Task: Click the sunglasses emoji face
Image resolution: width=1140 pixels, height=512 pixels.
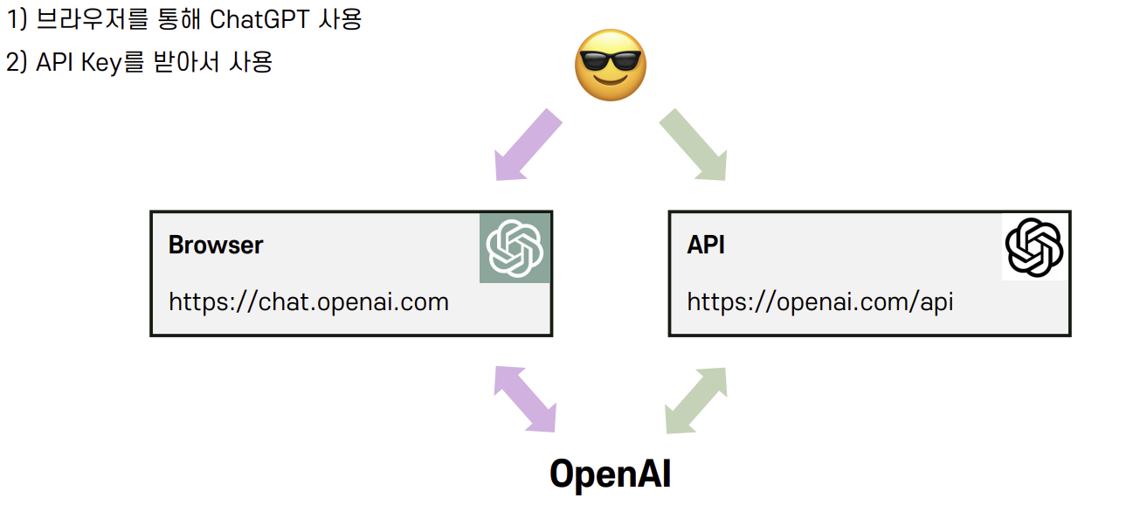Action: pos(610,65)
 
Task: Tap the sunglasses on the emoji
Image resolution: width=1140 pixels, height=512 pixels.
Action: pos(609,61)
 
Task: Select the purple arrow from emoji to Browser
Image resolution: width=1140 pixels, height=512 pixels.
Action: pos(527,145)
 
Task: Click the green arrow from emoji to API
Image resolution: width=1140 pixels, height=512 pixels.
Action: pos(693,145)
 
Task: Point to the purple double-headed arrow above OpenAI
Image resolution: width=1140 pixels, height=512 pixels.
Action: pos(525,398)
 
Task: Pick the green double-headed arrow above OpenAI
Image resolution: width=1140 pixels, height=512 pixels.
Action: pos(695,399)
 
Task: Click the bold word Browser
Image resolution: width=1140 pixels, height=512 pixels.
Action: pos(216,245)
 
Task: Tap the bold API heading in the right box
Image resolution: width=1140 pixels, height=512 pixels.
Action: pos(706,245)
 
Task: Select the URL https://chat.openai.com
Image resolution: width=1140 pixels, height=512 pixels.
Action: pos(308,302)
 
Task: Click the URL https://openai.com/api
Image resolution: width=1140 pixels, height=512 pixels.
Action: pos(820,302)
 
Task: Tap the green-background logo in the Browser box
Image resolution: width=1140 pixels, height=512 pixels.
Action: pos(515,247)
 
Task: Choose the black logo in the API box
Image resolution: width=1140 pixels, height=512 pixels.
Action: pos(1033,247)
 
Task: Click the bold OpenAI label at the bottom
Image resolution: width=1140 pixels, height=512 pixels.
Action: pos(610,473)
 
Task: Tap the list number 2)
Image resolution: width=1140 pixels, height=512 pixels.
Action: pos(17,63)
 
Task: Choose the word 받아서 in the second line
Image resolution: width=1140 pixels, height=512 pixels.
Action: pos(184,63)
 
